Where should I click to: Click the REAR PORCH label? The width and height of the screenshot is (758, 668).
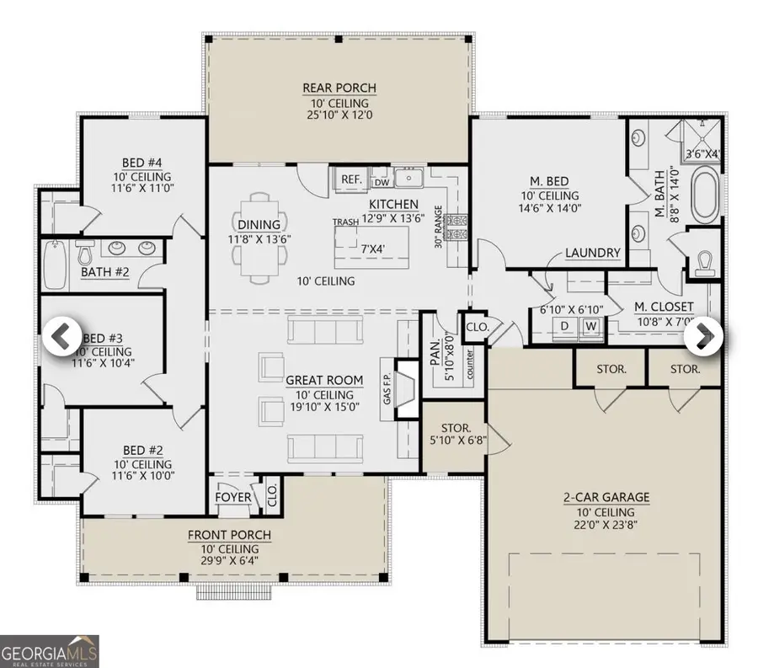pos(339,88)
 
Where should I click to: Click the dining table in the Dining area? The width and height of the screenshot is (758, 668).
pos(258,238)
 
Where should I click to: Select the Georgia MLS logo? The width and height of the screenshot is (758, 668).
pos(50,651)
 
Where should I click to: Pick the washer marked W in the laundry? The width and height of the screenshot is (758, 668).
pos(591,324)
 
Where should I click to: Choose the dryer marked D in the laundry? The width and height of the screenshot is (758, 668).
pos(566,324)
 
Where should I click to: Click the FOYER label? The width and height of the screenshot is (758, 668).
pos(233,498)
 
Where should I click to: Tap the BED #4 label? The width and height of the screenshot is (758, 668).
pos(141,163)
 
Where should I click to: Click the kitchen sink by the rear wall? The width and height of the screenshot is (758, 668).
pos(410,179)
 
